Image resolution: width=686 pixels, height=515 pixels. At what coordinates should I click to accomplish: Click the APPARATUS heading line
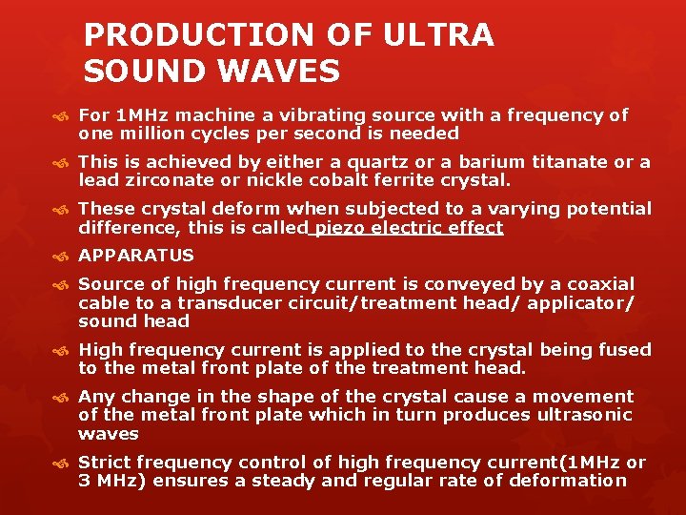(136, 256)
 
